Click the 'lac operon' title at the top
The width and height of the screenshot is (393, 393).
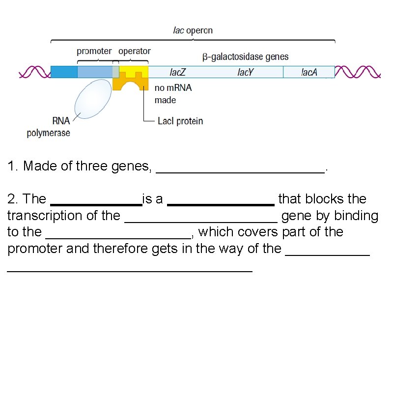click(x=193, y=30)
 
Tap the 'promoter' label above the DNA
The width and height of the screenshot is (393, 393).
click(x=94, y=51)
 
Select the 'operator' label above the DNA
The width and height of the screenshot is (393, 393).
click(x=135, y=51)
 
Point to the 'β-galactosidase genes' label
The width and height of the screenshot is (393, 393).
click(x=246, y=57)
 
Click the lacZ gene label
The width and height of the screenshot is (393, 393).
click(x=177, y=72)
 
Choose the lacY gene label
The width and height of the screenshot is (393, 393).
click(x=245, y=72)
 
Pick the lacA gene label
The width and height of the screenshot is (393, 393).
click(x=309, y=72)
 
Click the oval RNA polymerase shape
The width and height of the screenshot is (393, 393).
click(x=92, y=100)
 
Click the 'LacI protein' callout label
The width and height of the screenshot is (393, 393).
click(x=180, y=121)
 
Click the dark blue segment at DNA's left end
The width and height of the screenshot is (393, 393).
click(x=64, y=72)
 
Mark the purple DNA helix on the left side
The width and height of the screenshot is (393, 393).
click(x=34, y=72)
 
